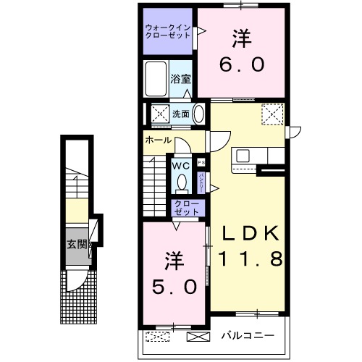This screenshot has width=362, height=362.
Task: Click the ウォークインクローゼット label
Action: (168, 30)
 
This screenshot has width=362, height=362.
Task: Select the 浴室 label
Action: (180, 79)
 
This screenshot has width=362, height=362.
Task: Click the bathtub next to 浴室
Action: (155, 79)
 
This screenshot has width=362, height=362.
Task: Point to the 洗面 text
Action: (181, 114)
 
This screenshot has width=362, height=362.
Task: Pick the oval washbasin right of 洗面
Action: (198, 114)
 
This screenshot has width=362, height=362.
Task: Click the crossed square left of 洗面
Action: (159, 114)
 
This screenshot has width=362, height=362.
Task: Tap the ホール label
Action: (158, 139)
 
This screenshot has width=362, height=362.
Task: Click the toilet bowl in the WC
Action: (182, 182)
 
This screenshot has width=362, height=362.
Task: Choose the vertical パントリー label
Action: (201, 181)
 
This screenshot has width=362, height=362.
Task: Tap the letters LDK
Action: (250, 234)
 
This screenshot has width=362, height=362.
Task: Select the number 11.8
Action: (250, 258)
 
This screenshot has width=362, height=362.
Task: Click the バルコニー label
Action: (248, 336)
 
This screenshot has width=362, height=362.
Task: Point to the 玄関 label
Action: (77, 244)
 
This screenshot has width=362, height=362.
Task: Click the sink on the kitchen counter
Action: (242, 156)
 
